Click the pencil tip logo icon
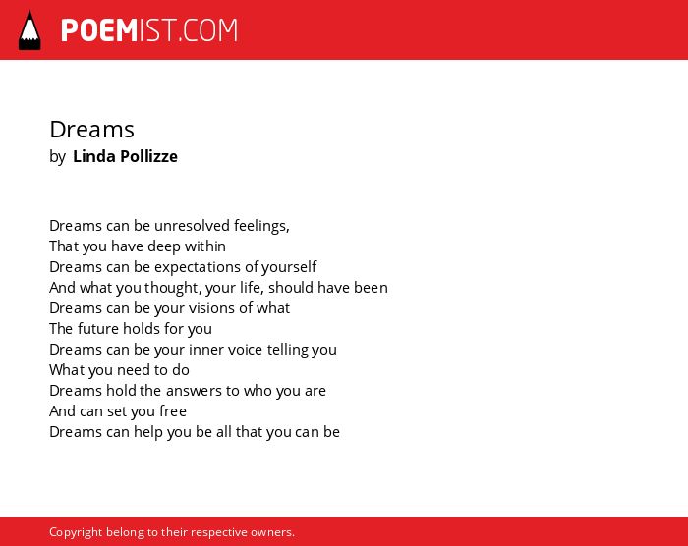(29, 30)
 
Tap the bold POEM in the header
(99, 30)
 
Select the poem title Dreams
(91, 130)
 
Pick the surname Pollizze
(148, 156)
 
